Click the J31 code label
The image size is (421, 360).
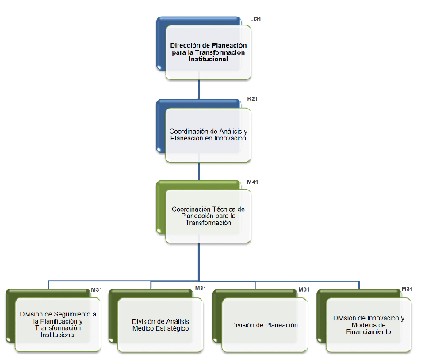point(256,19)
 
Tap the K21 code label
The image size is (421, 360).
point(252,98)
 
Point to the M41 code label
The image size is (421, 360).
point(252,182)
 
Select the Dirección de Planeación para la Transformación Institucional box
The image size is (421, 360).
point(209,52)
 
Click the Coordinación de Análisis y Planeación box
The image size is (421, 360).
point(209,135)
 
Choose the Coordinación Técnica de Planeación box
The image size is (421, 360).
point(209,216)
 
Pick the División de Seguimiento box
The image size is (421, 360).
point(58,324)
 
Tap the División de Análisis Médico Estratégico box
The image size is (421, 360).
point(160,325)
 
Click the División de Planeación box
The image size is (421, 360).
point(265,325)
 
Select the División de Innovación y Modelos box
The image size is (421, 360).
point(369,325)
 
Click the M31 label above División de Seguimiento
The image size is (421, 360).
point(97,290)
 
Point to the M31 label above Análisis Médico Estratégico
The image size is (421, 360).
point(201,289)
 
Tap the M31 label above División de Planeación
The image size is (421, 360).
point(304,289)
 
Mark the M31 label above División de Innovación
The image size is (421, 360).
point(407,289)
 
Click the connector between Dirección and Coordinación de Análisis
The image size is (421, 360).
point(199,90)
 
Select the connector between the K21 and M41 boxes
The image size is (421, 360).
point(199,171)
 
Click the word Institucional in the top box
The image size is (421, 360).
point(209,59)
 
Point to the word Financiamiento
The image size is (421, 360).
point(369,331)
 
